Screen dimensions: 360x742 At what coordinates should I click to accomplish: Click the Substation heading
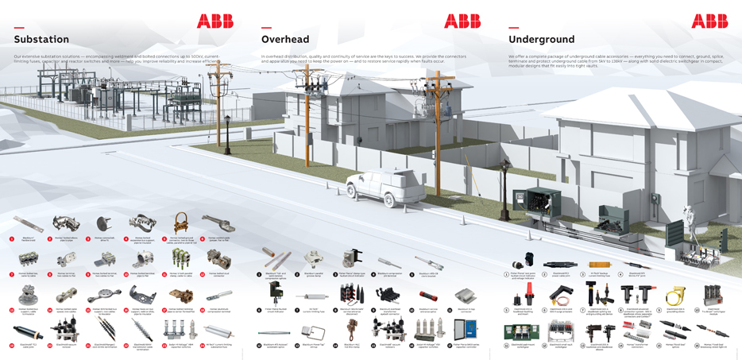41,39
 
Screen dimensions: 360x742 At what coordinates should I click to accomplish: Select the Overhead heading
285,39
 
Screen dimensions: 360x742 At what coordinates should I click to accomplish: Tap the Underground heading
541,39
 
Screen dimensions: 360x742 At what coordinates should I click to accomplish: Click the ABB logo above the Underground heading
709,21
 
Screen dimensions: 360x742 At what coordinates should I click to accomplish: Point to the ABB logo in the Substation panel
214,21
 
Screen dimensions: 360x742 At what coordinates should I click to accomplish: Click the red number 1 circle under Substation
12,238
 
